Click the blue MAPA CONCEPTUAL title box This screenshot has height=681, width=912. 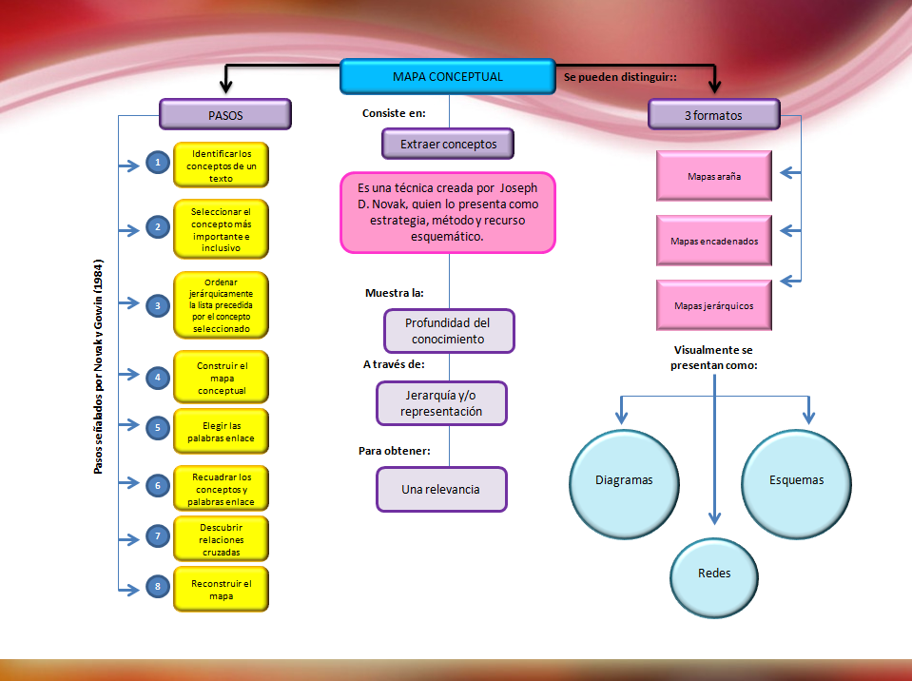(x=447, y=77)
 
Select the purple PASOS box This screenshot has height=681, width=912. (x=224, y=115)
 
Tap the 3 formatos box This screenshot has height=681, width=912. (x=713, y=115)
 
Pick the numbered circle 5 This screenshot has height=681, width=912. (x=157, y=428)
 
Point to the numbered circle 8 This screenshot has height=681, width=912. (x=157, y=587)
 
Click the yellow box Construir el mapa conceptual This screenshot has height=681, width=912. (x=221, y=378)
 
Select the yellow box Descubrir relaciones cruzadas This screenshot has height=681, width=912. (x=221, y=538)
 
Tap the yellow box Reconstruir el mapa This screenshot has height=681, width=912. (x=221, y=589)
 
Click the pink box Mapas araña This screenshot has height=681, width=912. (x=713, y=175)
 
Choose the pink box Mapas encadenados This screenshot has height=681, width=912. (x=713, y=241)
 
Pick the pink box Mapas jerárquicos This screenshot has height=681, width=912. (x=713, y=305)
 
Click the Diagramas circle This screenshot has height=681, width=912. (x=624, y=479)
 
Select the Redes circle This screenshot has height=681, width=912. (x=713, y=574)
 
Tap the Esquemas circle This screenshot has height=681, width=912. (x=796, y=479)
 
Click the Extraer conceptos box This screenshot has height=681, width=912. (x=447, y=144)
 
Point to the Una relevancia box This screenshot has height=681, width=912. (x=441, y=490)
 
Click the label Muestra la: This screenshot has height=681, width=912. (x=394, y=292)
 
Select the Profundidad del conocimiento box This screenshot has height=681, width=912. (x=448, y=331)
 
